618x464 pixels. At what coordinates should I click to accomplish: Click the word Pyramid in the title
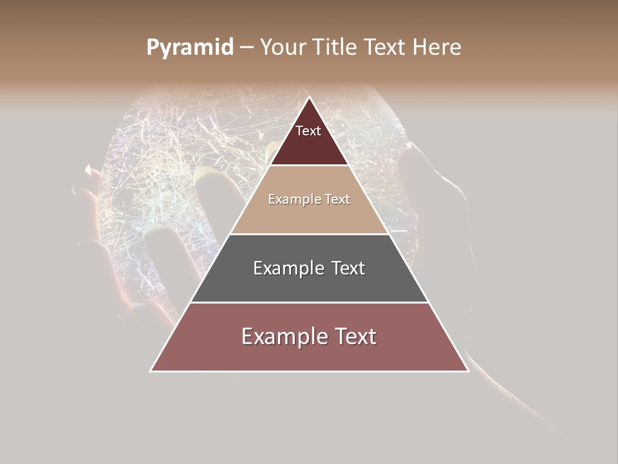pyautogui.click(x=189, y=48)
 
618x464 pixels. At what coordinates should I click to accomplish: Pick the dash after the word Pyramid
pyautogui.click(x=246, y=48)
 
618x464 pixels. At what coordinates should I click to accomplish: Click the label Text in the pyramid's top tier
pyautogui.click(x=308, y=131)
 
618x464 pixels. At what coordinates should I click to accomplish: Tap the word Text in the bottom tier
pyautogui.click(x=355, y=336)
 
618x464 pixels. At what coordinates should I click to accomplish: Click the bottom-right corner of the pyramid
pyautogui.click(x=468, y=371)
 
